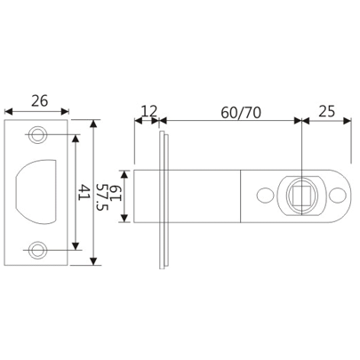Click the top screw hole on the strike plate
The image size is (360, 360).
click(37, 135)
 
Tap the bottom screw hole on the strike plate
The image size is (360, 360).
click(37, 250)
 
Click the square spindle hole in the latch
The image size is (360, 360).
click(302, 195)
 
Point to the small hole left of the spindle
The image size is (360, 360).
click(263, 195)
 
